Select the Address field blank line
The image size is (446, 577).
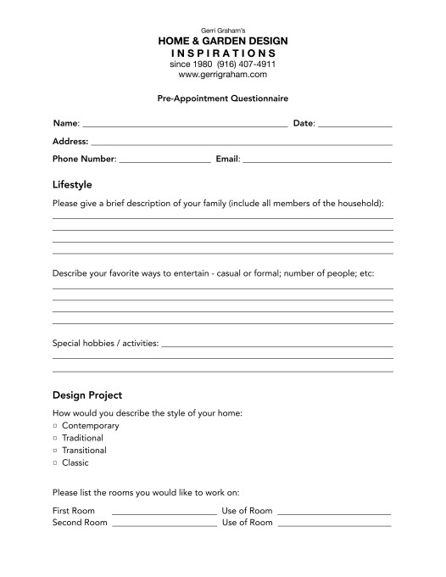tap(242, 143)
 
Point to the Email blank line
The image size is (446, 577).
tap(317, 160)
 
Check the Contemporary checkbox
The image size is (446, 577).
tap(55, 425)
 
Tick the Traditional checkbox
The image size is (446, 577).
tap(55, 438)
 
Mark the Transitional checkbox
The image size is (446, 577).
tap(55, 451)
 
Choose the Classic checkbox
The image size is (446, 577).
tap(55, 463)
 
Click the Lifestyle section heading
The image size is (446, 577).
tap(72, 184)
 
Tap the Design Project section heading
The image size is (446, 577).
tap(87, 395)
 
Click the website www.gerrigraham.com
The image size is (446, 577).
tap(223, 75)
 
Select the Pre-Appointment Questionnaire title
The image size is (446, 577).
tap(223, 98)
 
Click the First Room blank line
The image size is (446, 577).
tap(164, 513)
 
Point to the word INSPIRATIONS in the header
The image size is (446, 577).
tap(223, 53)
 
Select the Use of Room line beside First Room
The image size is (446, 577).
tap(333, 513)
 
